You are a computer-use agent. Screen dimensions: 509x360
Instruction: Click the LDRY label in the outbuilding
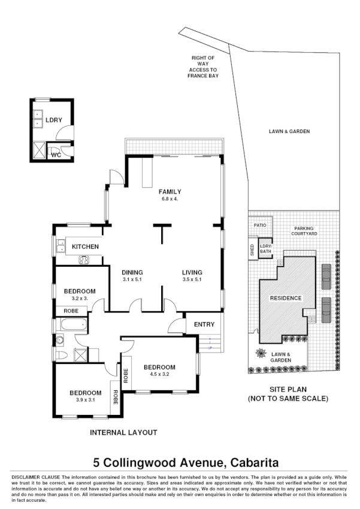(x=54, y=120)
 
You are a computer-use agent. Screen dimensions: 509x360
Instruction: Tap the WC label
(x=56, y=155)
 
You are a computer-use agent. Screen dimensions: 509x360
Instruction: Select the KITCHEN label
(x=85, y=247)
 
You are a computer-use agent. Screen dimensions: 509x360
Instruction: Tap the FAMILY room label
(x=170, y=192)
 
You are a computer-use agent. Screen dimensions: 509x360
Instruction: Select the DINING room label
(x=132, y=272)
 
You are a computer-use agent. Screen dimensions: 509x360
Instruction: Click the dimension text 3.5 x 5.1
(x=192, y=279)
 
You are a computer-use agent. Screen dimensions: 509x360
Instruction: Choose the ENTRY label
(x=204, y=325)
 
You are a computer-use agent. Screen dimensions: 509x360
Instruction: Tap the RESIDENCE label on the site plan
(x=285, y=299)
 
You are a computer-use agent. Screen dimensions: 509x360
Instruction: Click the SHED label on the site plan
(x=252, y=249)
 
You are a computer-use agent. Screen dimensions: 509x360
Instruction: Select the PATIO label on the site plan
(x=259, y=225)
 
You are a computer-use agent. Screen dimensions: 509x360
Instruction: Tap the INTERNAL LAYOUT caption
(x=123, y=432)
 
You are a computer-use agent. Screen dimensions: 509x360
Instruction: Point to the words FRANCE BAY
(x=202, y=77)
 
